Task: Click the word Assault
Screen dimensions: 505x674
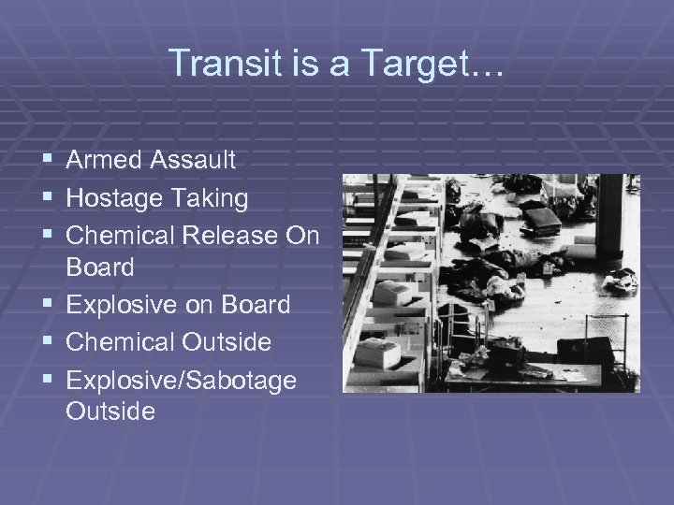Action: [x=194, y=161]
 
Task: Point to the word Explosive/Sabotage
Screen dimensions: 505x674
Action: [x=181, y=380]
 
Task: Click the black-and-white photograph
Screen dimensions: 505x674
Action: [x=491, y=282]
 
